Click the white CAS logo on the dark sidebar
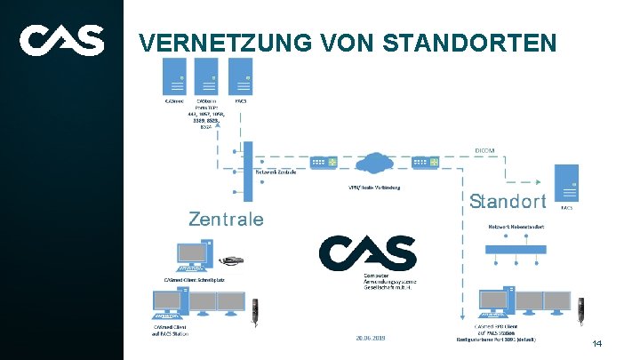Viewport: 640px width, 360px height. pos(61,40)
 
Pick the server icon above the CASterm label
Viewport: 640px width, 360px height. pos(207,76)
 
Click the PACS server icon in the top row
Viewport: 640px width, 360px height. pos(240,76)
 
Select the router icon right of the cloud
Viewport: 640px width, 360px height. pos(425,162)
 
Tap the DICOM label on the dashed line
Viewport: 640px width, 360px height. pos(487,150)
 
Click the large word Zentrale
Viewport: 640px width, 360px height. pos(226,219)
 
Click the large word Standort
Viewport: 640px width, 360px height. pos(508,201)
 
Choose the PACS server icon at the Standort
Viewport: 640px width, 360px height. pos(566,183)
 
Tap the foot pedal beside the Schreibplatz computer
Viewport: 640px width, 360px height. pos(232,261)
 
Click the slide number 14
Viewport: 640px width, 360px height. pos(597,343)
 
